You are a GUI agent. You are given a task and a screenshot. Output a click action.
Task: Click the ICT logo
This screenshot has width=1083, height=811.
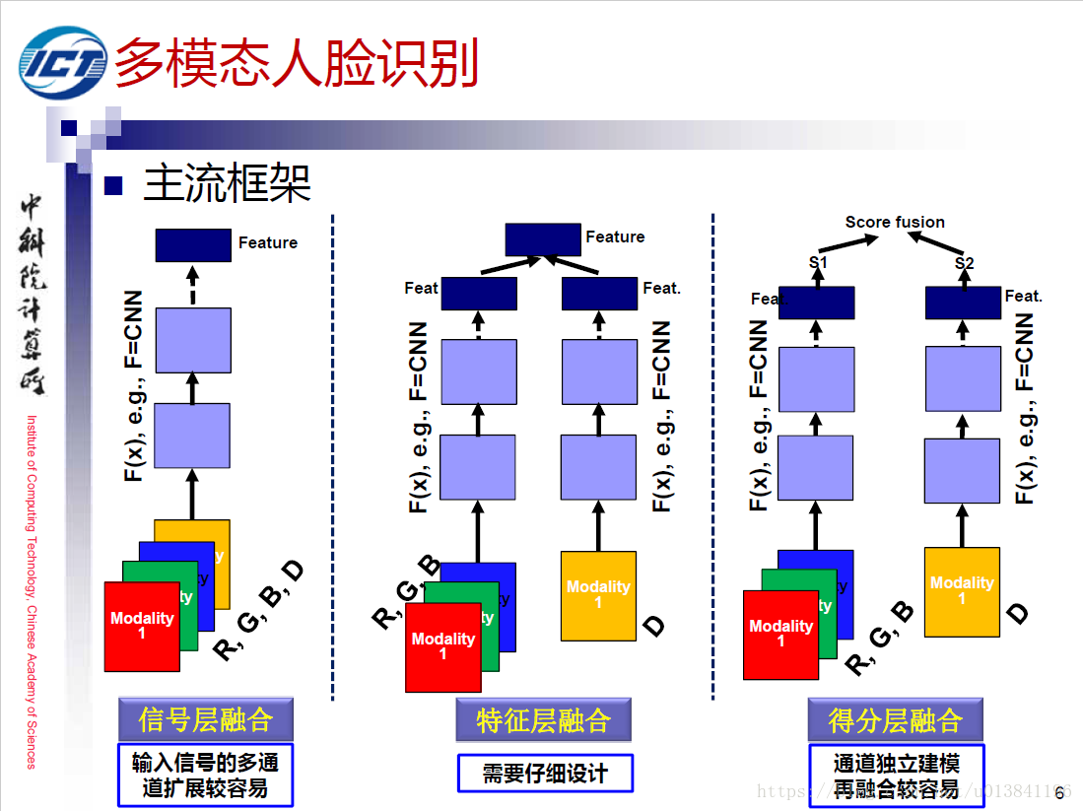pyautogui.click(x=64, y=63)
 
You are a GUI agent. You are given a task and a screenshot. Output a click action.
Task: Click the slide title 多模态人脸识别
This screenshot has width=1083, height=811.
pyautogui.click(x=297, y=63)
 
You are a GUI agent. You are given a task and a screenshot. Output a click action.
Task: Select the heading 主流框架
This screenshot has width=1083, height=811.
pyautogui.click(x=228, y=182)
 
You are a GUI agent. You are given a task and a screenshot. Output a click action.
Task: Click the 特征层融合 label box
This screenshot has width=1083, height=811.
pyautogui.click(x=543, y=720)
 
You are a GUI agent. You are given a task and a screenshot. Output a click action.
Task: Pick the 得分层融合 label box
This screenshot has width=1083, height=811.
pyautogui.click(x=895, y=720)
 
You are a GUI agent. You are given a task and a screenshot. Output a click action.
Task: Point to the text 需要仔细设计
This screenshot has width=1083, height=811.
pyautogui.click(x=544, y=774)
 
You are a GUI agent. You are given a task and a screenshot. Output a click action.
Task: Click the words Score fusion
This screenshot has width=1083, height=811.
pyautogui.click(x=895, y=222)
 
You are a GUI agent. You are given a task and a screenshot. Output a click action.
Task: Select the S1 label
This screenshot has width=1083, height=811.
pyautogui.click(x=818, y=263)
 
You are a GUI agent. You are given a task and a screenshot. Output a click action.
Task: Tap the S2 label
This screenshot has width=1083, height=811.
pyautogui.click(x=964, y=263)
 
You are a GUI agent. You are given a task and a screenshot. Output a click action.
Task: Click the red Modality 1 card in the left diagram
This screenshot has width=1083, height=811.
pyautogui.click(x=142, y=627)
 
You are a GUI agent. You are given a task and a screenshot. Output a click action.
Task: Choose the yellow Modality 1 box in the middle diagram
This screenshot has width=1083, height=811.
pyautogui.click(x=598, y=595)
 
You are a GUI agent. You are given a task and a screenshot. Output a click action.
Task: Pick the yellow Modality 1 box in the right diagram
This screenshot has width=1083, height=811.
pyautogui.click(x=962, y=591)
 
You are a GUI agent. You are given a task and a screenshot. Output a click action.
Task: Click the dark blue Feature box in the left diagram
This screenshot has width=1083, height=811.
pyautogui.click(x=193, y=244)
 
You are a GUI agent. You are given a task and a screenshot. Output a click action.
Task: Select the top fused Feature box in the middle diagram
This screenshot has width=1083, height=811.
pyautogui.click(x=543, y=238)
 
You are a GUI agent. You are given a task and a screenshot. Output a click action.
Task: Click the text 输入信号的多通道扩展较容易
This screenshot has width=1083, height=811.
pyautogui.click(x=205, y=776)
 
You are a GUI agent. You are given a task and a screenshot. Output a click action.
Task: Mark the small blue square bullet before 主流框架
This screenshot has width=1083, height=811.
pyautogui.click(x=112, y=184)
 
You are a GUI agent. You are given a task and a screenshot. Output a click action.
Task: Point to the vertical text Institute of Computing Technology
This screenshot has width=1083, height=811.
pyautogui.click(x=32, y=591)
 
